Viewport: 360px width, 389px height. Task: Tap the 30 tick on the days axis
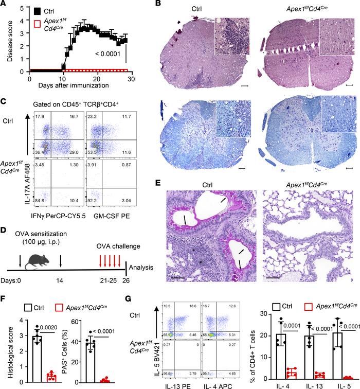132,79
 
